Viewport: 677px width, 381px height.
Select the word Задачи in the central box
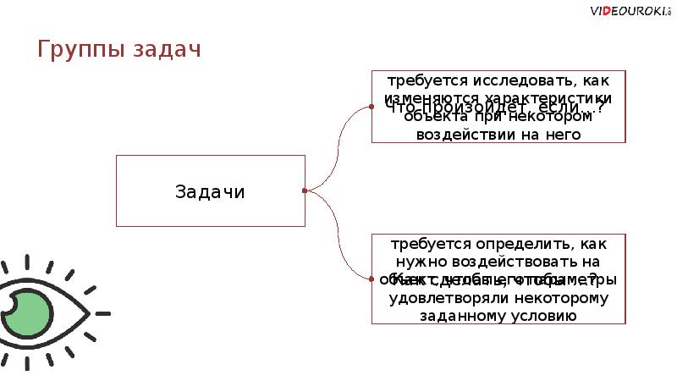click(210, 191)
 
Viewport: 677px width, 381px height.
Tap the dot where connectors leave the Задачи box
click(305, 190)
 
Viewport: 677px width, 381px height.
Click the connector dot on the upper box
click(372, 107)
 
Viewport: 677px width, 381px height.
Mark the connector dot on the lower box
click(372, 278)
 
